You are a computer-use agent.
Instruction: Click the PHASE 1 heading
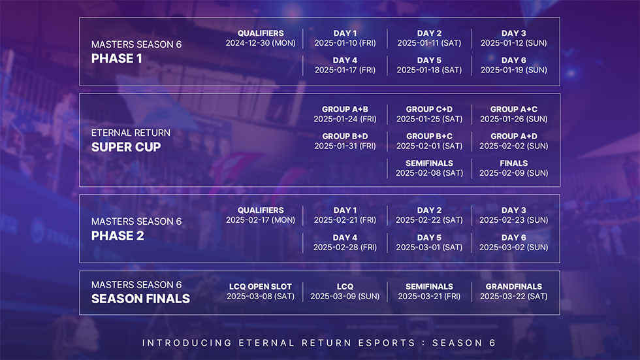pos(117,59)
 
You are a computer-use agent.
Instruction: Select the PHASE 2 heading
pos(118,236)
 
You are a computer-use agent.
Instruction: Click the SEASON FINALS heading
pos(140,299)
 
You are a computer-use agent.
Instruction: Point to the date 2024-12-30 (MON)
pos(261,43)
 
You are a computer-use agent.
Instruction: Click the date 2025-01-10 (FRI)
pos(345,43)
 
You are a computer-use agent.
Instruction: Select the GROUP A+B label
pos(345,109)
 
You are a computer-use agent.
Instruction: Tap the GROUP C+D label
pos(429,109)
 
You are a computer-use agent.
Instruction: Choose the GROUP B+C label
pos(429,136)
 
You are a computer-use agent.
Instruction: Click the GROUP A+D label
pos(513,136)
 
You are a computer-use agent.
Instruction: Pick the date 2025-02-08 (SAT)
pos(429,173)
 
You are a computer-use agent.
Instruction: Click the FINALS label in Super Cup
pos(513,163)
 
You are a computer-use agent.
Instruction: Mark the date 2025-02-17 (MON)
pos(261,220)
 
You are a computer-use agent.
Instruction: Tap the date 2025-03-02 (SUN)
pos(513,248)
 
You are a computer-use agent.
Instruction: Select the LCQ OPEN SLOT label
pos(261,286)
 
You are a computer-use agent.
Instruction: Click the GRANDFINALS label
pos(513,286)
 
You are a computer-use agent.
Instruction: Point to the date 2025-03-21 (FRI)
pos(429,296)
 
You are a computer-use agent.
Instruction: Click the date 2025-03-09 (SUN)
pos(345,296)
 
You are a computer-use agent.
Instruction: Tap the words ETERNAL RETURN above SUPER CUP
pos(131,133)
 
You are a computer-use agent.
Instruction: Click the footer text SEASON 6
pos(464,343)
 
